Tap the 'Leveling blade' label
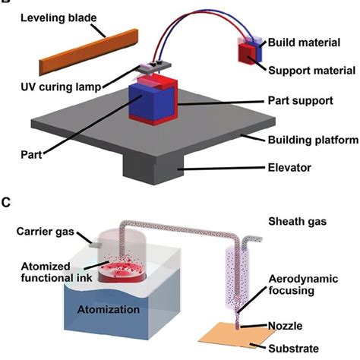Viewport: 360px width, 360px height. point(49,16)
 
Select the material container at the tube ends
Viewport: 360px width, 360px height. point(251,51)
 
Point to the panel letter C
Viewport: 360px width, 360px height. point(6,203)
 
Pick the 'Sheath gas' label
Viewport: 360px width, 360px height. point(295,221)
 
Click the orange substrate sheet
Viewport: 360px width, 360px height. point(242,339)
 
